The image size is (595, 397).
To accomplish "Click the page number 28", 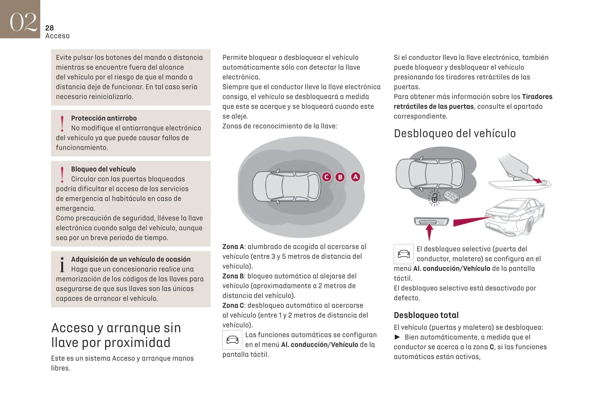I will (x=49, y=28).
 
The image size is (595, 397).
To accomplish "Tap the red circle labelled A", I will (x=355, y=177).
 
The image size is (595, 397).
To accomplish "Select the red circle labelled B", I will (x=340, y=177).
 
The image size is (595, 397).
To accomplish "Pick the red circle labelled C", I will (x=327, y=177).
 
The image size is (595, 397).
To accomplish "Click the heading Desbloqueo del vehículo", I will (x=455, y=133).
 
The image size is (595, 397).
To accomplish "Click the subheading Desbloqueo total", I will (x=426, y=315).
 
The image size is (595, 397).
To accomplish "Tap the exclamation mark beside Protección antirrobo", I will (x=62, y=123).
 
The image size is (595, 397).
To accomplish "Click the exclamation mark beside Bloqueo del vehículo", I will (x=62, y=174).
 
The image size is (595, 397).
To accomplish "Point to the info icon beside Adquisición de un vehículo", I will (x=62, y=265).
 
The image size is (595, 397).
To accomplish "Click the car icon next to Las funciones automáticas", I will (x=232, y=340).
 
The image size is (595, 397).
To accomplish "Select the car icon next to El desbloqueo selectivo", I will (x=404, y=254).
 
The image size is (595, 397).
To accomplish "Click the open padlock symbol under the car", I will (x=434, y=198).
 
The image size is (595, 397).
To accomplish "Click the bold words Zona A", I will (x=233, y=247).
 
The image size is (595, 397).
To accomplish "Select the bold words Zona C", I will (x=233, y=306).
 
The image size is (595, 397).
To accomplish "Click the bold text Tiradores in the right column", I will (x=537, y=97).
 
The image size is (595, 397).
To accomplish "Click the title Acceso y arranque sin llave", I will (x=116, y=335).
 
